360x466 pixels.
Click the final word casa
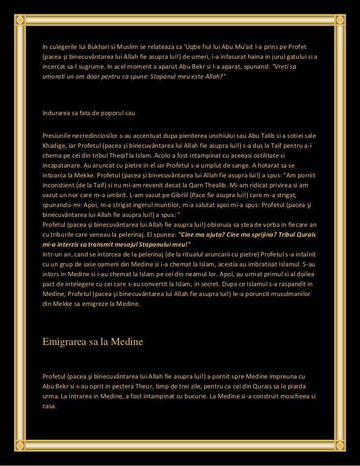point(49,407)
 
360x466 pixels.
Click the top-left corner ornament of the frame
point(19,19)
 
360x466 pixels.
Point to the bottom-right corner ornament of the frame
point(341,446)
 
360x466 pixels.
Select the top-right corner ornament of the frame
point(341,19)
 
